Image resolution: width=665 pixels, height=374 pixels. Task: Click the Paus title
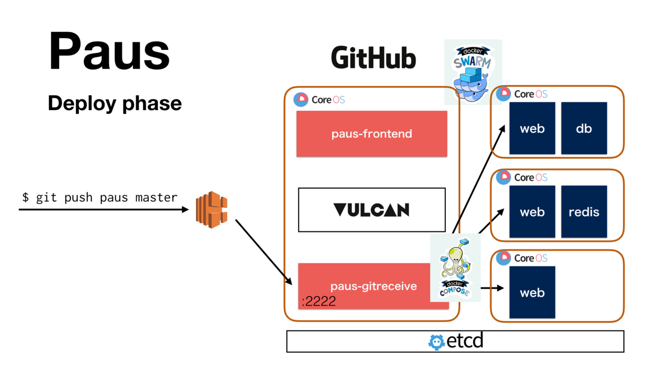[110, 52]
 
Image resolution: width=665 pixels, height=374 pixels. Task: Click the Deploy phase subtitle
[115, 103]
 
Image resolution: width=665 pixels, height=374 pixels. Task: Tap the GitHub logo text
[374, 58]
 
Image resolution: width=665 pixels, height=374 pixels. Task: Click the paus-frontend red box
[371, 133]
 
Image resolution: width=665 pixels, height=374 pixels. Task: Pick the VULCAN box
[371, 210]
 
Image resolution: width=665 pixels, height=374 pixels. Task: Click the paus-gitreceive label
[374, 286]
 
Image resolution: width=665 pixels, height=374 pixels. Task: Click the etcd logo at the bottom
[456, 341]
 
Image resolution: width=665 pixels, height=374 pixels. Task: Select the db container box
[584, 128]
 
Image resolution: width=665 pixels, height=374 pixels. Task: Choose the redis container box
[584, 212]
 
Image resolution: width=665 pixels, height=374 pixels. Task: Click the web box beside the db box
[532, 128]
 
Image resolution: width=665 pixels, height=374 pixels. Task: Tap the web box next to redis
[532, 212]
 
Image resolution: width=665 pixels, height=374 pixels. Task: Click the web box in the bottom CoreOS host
[532, 292]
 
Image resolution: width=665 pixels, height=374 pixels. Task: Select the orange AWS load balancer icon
[211, 210]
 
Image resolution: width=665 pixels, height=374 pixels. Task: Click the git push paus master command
[100, 198]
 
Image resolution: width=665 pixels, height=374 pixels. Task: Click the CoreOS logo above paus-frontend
[319, 99]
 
